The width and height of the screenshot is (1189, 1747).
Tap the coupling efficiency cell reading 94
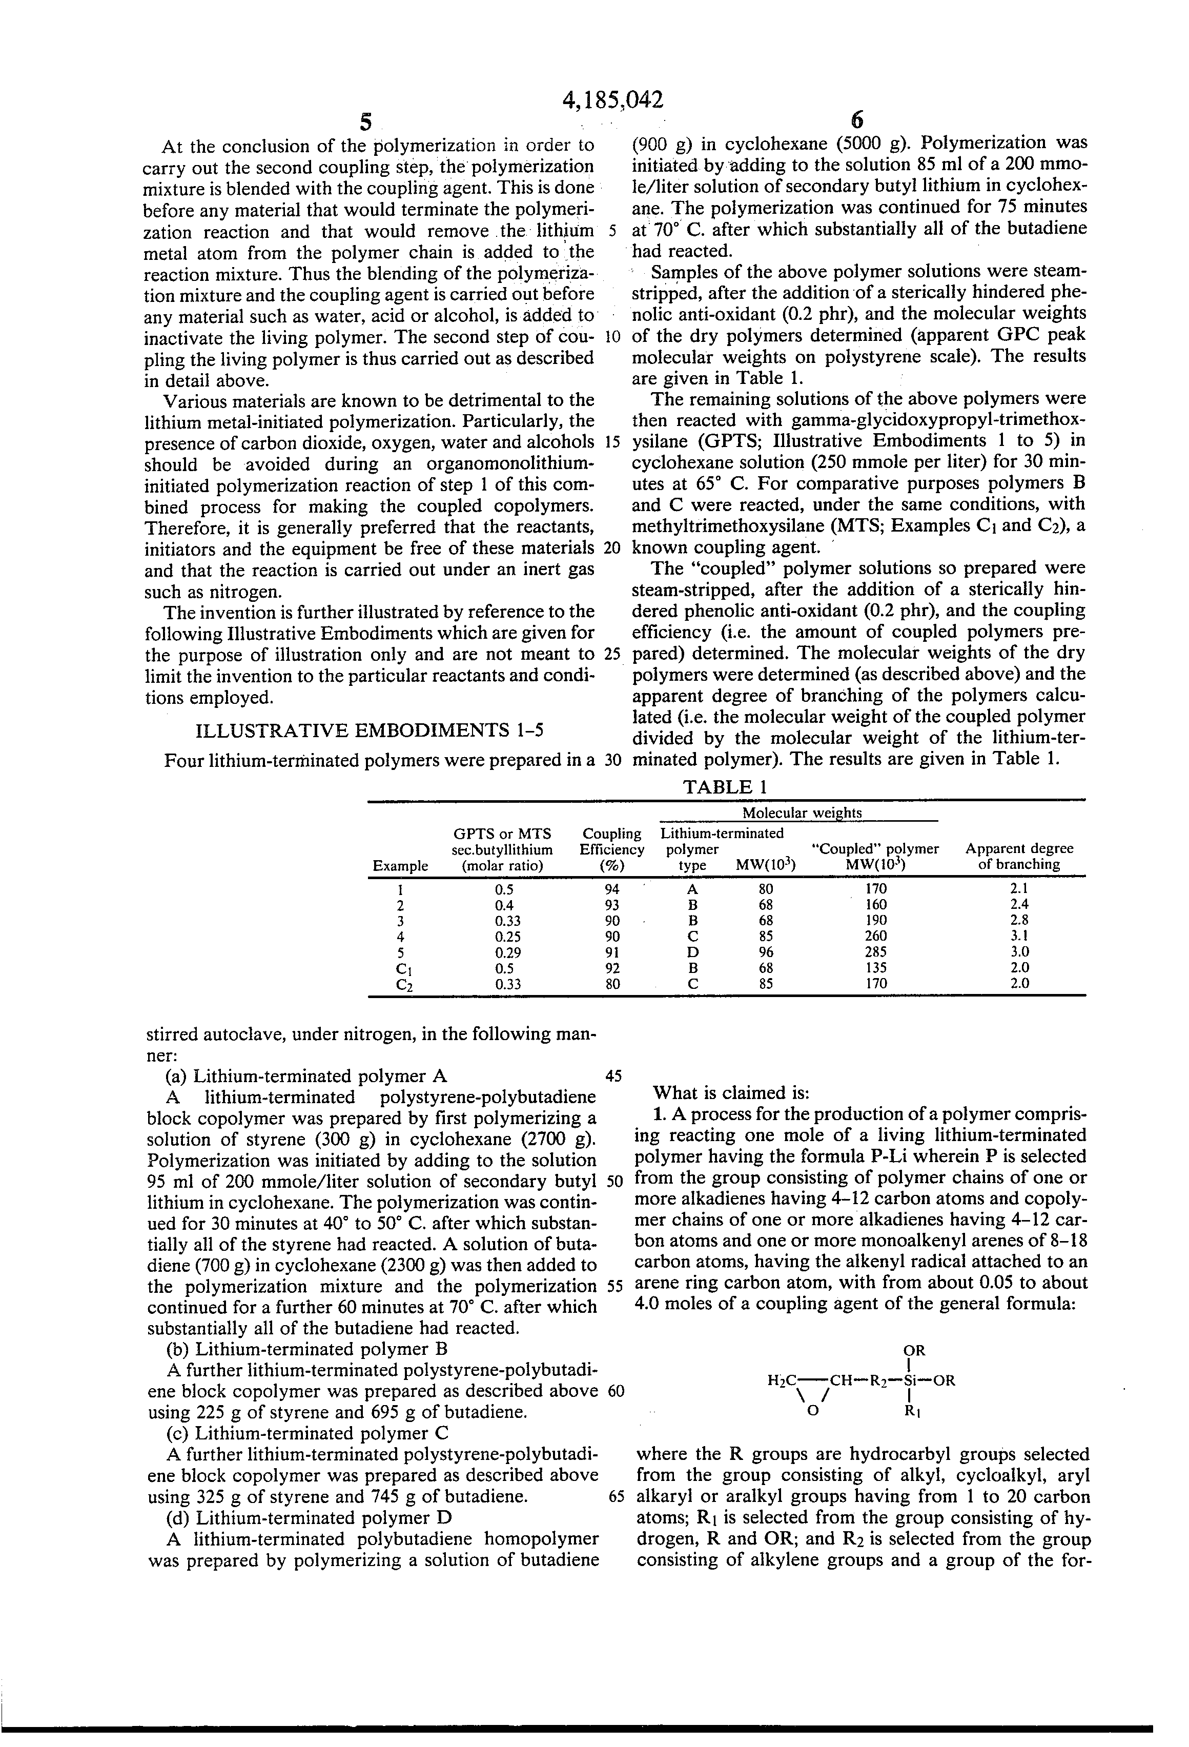(x=612, y=888)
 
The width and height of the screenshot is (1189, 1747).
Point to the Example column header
(x=400, y=865)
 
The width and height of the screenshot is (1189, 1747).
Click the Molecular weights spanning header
(x=802, y=812)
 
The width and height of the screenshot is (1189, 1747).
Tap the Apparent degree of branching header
(x=1019, y=856)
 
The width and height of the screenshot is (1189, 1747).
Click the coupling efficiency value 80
(x=612, y=983)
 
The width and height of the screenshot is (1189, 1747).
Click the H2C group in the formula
(x=781, y=1380)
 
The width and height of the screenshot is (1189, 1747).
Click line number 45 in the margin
(x=613, y=1075)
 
